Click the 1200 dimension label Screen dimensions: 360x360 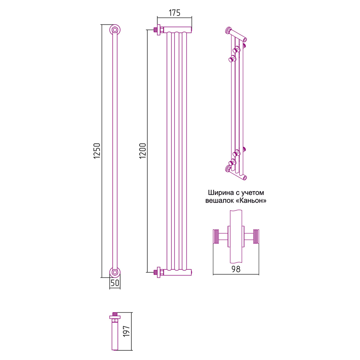tap(143, 152)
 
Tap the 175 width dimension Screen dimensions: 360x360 tap(174, 12)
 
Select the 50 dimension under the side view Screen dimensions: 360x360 tap(115, 283)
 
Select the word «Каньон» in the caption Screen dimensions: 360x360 tap(251, 201)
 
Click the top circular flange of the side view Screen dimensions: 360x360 tap(115, 30)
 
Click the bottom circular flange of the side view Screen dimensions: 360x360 tap(115, 272)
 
